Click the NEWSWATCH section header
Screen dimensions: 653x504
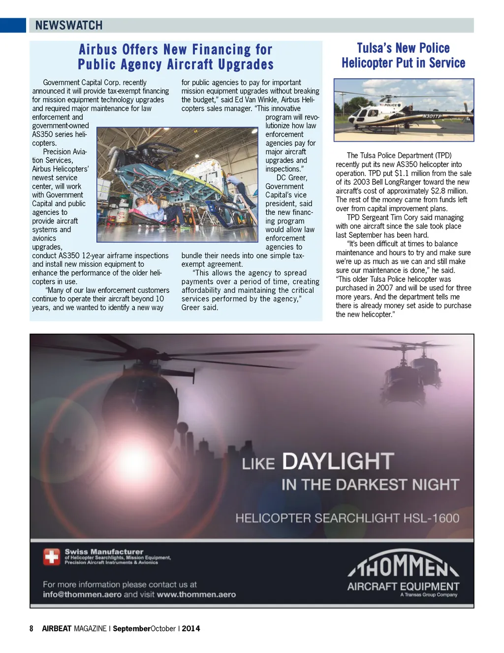[x=69, y=25]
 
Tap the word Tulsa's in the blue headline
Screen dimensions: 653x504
[x=374, y=48]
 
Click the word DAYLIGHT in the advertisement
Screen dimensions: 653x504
[x=338, y=462]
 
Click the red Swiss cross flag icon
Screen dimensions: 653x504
[x=51, y=556]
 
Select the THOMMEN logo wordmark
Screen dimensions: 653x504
[x=403, y=565]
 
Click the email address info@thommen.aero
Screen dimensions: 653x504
[x=82, y=594]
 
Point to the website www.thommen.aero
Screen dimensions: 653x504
[x=196, y=594]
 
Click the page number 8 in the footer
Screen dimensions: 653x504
[x=31, y=628]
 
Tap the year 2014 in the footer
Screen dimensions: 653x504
[x=191, y=628]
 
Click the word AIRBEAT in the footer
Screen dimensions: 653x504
[x=57, y=628]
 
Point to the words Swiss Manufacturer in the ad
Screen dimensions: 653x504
[x=104, y=552]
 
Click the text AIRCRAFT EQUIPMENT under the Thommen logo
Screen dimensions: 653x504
[x=403, y=586]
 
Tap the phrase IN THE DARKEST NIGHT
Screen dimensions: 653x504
[x=370, y=485]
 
